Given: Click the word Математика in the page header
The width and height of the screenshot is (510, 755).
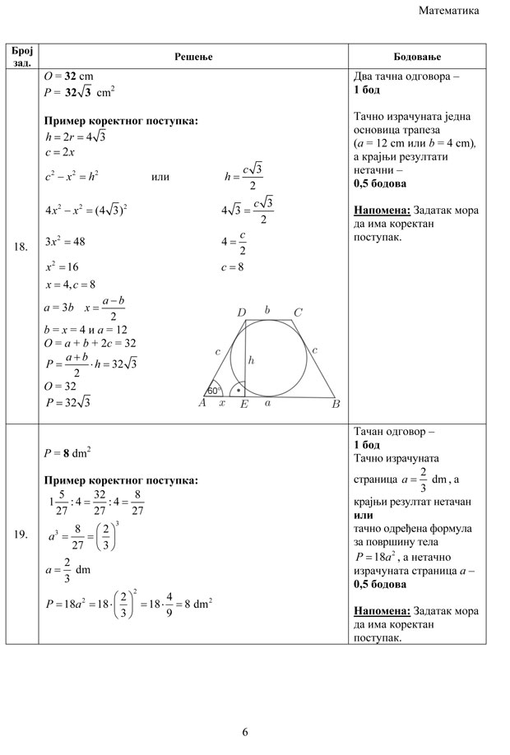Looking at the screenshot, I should (x=448, y=11).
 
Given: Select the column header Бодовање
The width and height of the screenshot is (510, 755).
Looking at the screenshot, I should (x=417, y=56).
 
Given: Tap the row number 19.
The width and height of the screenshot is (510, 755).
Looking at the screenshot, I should (x=22, y=535).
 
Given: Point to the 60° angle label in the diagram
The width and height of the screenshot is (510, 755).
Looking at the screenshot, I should (x=214, y=391).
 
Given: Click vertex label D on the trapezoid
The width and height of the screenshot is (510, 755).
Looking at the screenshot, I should (x=241, y=313).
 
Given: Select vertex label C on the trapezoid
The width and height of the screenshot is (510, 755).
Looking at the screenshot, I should (x=298, y=313).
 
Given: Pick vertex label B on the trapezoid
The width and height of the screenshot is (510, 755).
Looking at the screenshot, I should (x=336, y=404).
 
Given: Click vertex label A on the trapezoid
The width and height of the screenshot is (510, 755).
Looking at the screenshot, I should (x=202, y=403).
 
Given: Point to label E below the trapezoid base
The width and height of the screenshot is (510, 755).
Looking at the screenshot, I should (x=244, y=405).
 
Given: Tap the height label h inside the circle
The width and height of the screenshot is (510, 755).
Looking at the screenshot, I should (x=251, y=359).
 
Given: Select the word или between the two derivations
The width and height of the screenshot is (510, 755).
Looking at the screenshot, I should (x=161, y=177).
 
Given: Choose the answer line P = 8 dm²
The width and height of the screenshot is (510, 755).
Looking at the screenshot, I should (x=67, y=452).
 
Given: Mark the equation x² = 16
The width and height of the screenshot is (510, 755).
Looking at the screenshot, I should (x=62, y=267).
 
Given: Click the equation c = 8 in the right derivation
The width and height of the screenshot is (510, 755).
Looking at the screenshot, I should (x=234, y=267).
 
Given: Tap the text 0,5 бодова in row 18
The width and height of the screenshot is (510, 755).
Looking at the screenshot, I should (x=379, y=183).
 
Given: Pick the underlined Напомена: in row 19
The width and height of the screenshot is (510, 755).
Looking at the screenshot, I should (x=382, y=611).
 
